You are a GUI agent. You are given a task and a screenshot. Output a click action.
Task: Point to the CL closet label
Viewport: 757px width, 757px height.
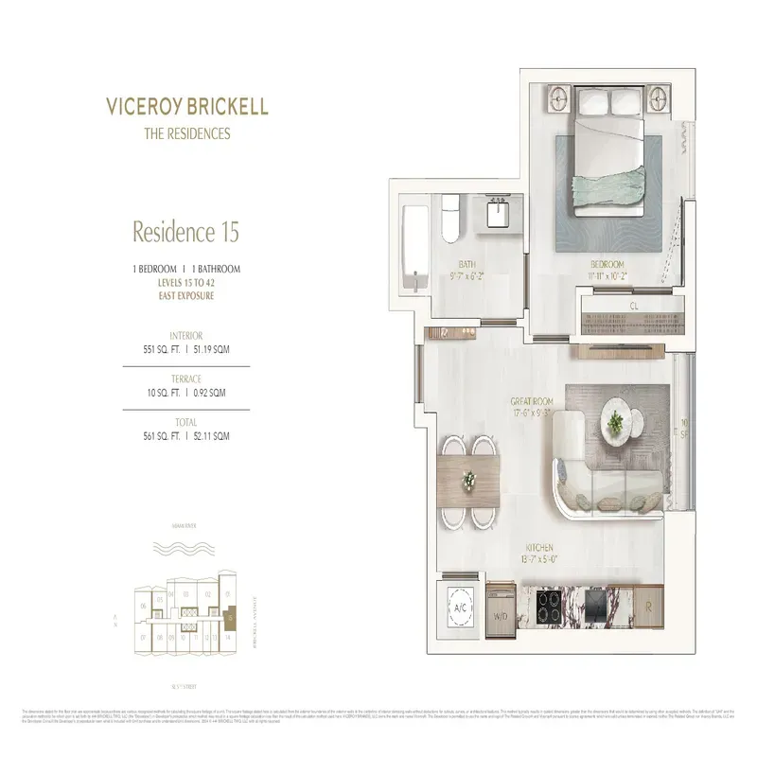point(633,306)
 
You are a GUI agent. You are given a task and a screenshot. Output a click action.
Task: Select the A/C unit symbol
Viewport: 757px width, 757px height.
point(462,607)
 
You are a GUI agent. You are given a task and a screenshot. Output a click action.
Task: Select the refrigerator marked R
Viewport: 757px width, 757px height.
point(648,607)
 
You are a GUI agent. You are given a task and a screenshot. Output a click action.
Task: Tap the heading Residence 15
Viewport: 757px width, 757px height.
point(185,230)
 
